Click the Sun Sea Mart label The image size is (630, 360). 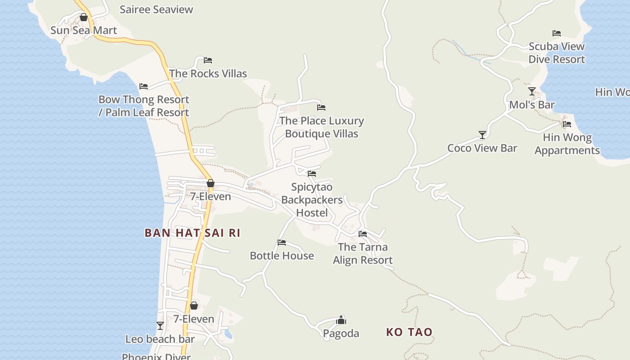point(84,31)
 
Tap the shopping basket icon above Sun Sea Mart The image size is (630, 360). point(84,18)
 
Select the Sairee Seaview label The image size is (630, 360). point(156,9)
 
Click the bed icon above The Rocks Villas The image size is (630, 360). point(208,60)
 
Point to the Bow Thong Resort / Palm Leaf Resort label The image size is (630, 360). point(144,106)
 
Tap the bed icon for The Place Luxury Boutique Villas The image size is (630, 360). point(321,108)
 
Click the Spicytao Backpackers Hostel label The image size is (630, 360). point(312,200)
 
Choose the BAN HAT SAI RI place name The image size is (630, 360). point(192,233)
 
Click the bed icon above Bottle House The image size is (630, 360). point(282,243)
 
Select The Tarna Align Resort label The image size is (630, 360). point(363,253)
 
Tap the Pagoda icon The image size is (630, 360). point(341,320)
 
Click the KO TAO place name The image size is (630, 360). point(409,332)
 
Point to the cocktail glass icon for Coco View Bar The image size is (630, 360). point(482,135)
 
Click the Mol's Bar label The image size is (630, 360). point(531,105)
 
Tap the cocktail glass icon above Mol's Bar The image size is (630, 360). point(532,91)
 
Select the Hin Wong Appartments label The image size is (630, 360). point(567,144)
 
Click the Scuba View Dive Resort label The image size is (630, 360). point(557,53)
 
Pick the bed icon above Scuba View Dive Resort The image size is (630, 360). point(557,33)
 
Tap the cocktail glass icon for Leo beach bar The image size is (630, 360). point(160,325)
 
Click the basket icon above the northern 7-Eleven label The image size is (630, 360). point(210,183)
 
